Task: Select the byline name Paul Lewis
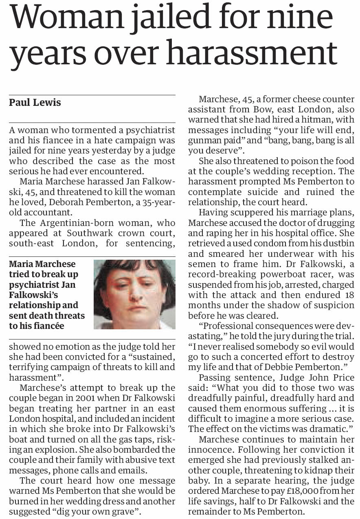click(35, 103)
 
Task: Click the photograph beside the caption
click(134, 294)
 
